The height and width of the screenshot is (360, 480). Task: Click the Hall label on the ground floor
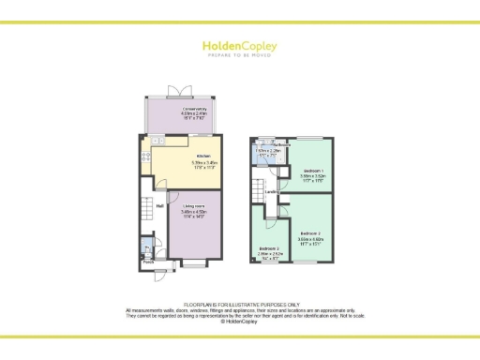[160, 205]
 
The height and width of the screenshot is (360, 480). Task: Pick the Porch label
[148, 262]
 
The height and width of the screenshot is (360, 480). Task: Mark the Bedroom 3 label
[269, 248]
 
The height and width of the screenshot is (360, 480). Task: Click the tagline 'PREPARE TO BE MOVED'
[239, 54]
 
